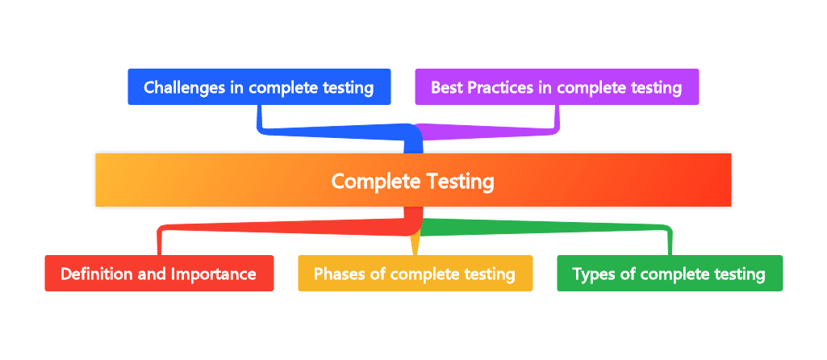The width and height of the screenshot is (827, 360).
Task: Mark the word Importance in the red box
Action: pos(213,274)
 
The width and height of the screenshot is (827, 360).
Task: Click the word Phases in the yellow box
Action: pos(339,274)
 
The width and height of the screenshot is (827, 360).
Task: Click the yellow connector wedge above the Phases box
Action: pos(415,242)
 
